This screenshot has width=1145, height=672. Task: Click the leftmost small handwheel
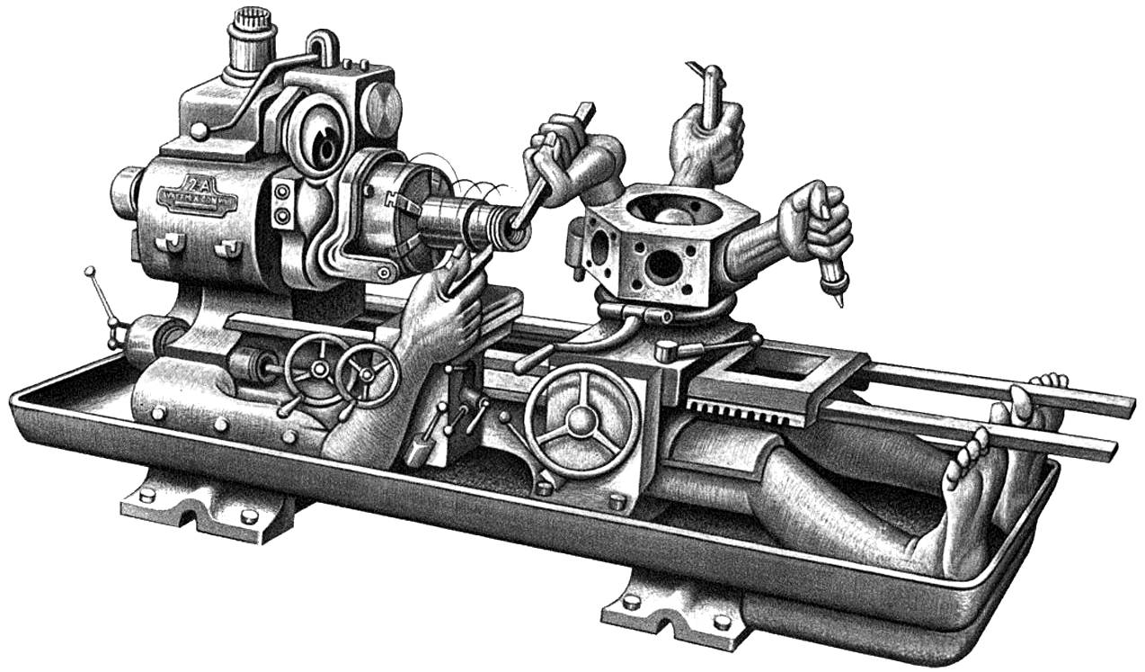(314, 369)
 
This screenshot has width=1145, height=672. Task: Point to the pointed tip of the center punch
(839, 302)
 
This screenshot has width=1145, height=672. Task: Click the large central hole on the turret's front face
(662, 264)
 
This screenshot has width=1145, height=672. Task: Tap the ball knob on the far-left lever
(89, 271)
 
